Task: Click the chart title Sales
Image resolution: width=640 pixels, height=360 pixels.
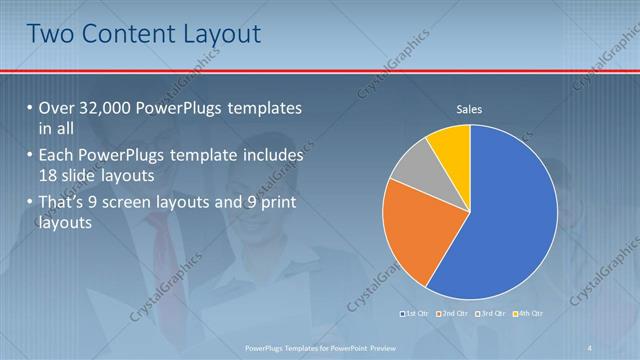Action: tap(470, 109)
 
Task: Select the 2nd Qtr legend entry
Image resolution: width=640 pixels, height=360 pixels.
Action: tap(455, 314)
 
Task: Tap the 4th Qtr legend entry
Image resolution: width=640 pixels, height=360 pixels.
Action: tap(530, 314)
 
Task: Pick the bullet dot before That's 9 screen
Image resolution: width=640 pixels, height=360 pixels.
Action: tap(29, 206)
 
